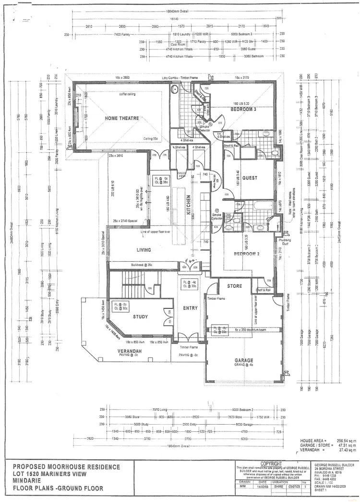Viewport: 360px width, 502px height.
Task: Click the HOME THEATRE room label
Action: (x=122, y=118)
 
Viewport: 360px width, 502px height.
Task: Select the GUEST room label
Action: (x=250, y=178)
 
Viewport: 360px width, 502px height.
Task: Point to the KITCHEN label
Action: (x=189, y=204)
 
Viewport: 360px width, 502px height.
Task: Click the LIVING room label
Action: (x=144, y=250)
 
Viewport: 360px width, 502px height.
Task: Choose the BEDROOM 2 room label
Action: (x=247, y=254)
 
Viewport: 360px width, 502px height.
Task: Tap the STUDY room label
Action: (x=141, y=317)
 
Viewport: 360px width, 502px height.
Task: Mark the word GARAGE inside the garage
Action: (x=244, y=360)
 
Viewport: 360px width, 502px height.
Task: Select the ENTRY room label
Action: (x=190, y=308)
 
